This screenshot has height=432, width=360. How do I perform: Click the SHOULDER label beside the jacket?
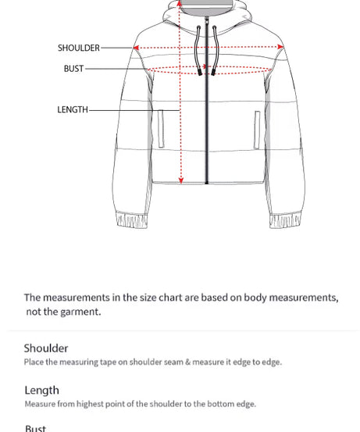[78, 48]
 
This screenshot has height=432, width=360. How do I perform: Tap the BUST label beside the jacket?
[73, 69]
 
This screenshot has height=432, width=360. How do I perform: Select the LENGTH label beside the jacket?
[73, 110]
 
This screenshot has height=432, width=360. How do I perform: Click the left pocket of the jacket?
[162, 128]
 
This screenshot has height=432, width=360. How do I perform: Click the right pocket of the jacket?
[257, 128]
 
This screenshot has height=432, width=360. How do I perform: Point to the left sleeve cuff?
[131, 220]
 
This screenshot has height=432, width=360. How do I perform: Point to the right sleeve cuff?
[285, 220]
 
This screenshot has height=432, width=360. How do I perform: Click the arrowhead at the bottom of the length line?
[181, 180]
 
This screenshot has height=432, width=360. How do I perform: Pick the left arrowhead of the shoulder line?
[137, 48]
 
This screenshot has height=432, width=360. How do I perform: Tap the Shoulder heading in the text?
[46, 348]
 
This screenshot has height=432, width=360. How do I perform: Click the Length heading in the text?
[41, 391]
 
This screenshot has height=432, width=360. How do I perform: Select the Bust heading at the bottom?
[35, 428]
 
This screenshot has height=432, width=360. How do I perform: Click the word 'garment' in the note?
[79, 312]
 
